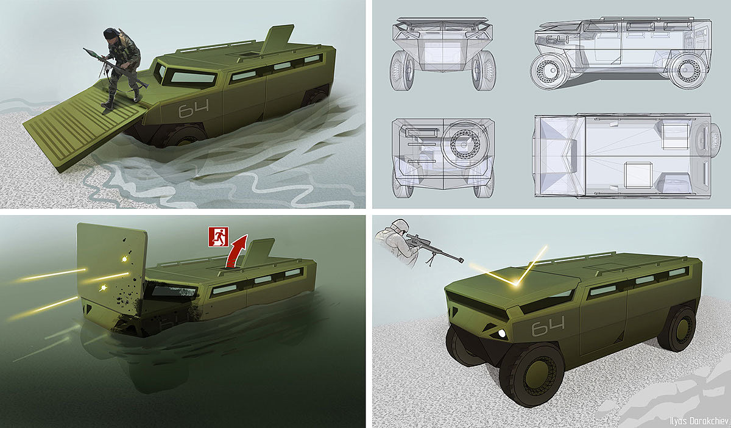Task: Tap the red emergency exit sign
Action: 219,237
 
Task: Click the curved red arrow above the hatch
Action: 236,251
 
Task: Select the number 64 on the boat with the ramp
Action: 194,108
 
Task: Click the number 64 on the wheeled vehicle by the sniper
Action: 548,326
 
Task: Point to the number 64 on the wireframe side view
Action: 557,40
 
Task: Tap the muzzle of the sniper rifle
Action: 461,260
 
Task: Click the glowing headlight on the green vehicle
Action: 501,333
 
